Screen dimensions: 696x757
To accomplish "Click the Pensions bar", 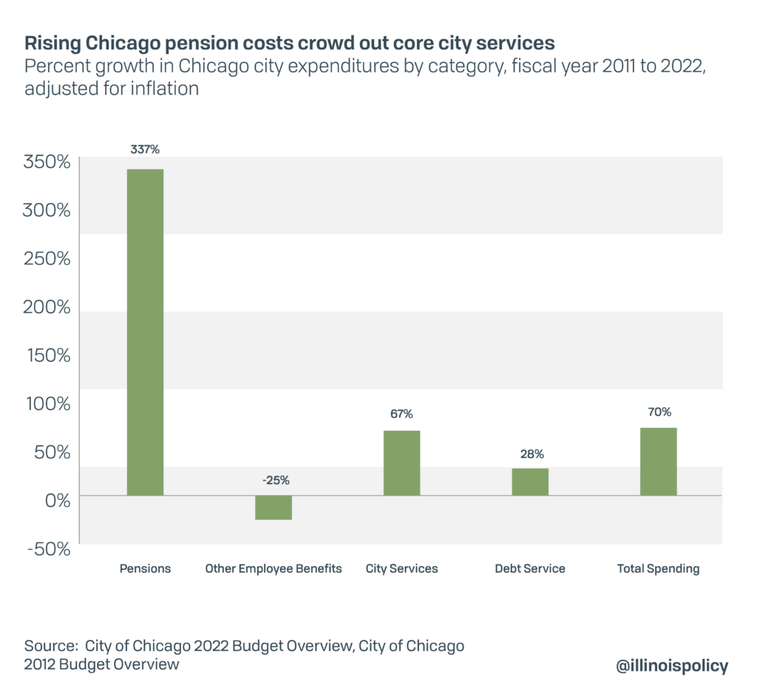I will [x=145, y=332].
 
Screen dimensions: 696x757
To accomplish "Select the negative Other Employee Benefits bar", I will [x=274, y=508].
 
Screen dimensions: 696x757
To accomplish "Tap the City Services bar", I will [x=401, y=463].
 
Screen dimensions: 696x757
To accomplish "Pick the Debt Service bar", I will [x=530, y=481].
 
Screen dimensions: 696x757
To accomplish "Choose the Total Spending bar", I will [x=658, y=461].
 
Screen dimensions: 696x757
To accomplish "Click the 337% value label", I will [x=145, y=149].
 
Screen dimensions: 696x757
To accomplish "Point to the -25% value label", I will [x=274, y=480].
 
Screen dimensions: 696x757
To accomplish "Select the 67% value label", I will [x=401, y=414].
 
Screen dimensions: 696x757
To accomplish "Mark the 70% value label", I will [x=658, y=412].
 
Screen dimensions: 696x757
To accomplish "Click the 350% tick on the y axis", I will [x=47, y=162].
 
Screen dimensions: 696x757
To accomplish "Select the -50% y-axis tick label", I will [x=47, y=549].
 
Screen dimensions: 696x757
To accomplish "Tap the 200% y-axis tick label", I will [x=47, y=307].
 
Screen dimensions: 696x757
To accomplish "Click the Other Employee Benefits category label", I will [x=274, y=569].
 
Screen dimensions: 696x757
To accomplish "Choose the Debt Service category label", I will [x=530, y=569].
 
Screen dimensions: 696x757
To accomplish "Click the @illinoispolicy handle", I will [x=671, y=665].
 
